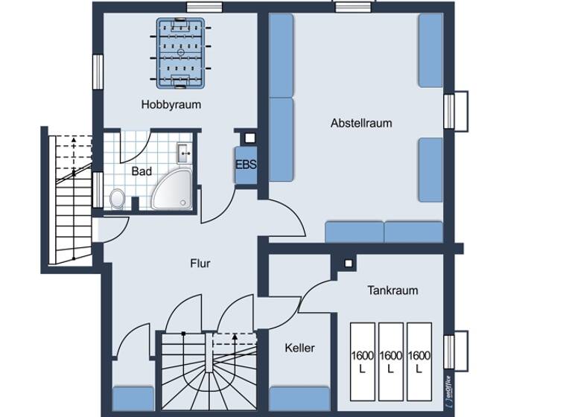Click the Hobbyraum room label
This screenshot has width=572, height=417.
point(171,104)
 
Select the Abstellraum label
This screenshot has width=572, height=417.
point(361,123)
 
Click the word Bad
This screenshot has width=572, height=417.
point(142,171)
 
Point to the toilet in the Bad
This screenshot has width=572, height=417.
point(117,198)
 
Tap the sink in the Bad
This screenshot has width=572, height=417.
point(184,154)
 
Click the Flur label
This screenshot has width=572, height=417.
point(200,264)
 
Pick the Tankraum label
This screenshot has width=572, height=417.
point(393,290)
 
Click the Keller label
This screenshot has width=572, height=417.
point(299,348)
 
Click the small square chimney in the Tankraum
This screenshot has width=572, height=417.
point(348,263)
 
